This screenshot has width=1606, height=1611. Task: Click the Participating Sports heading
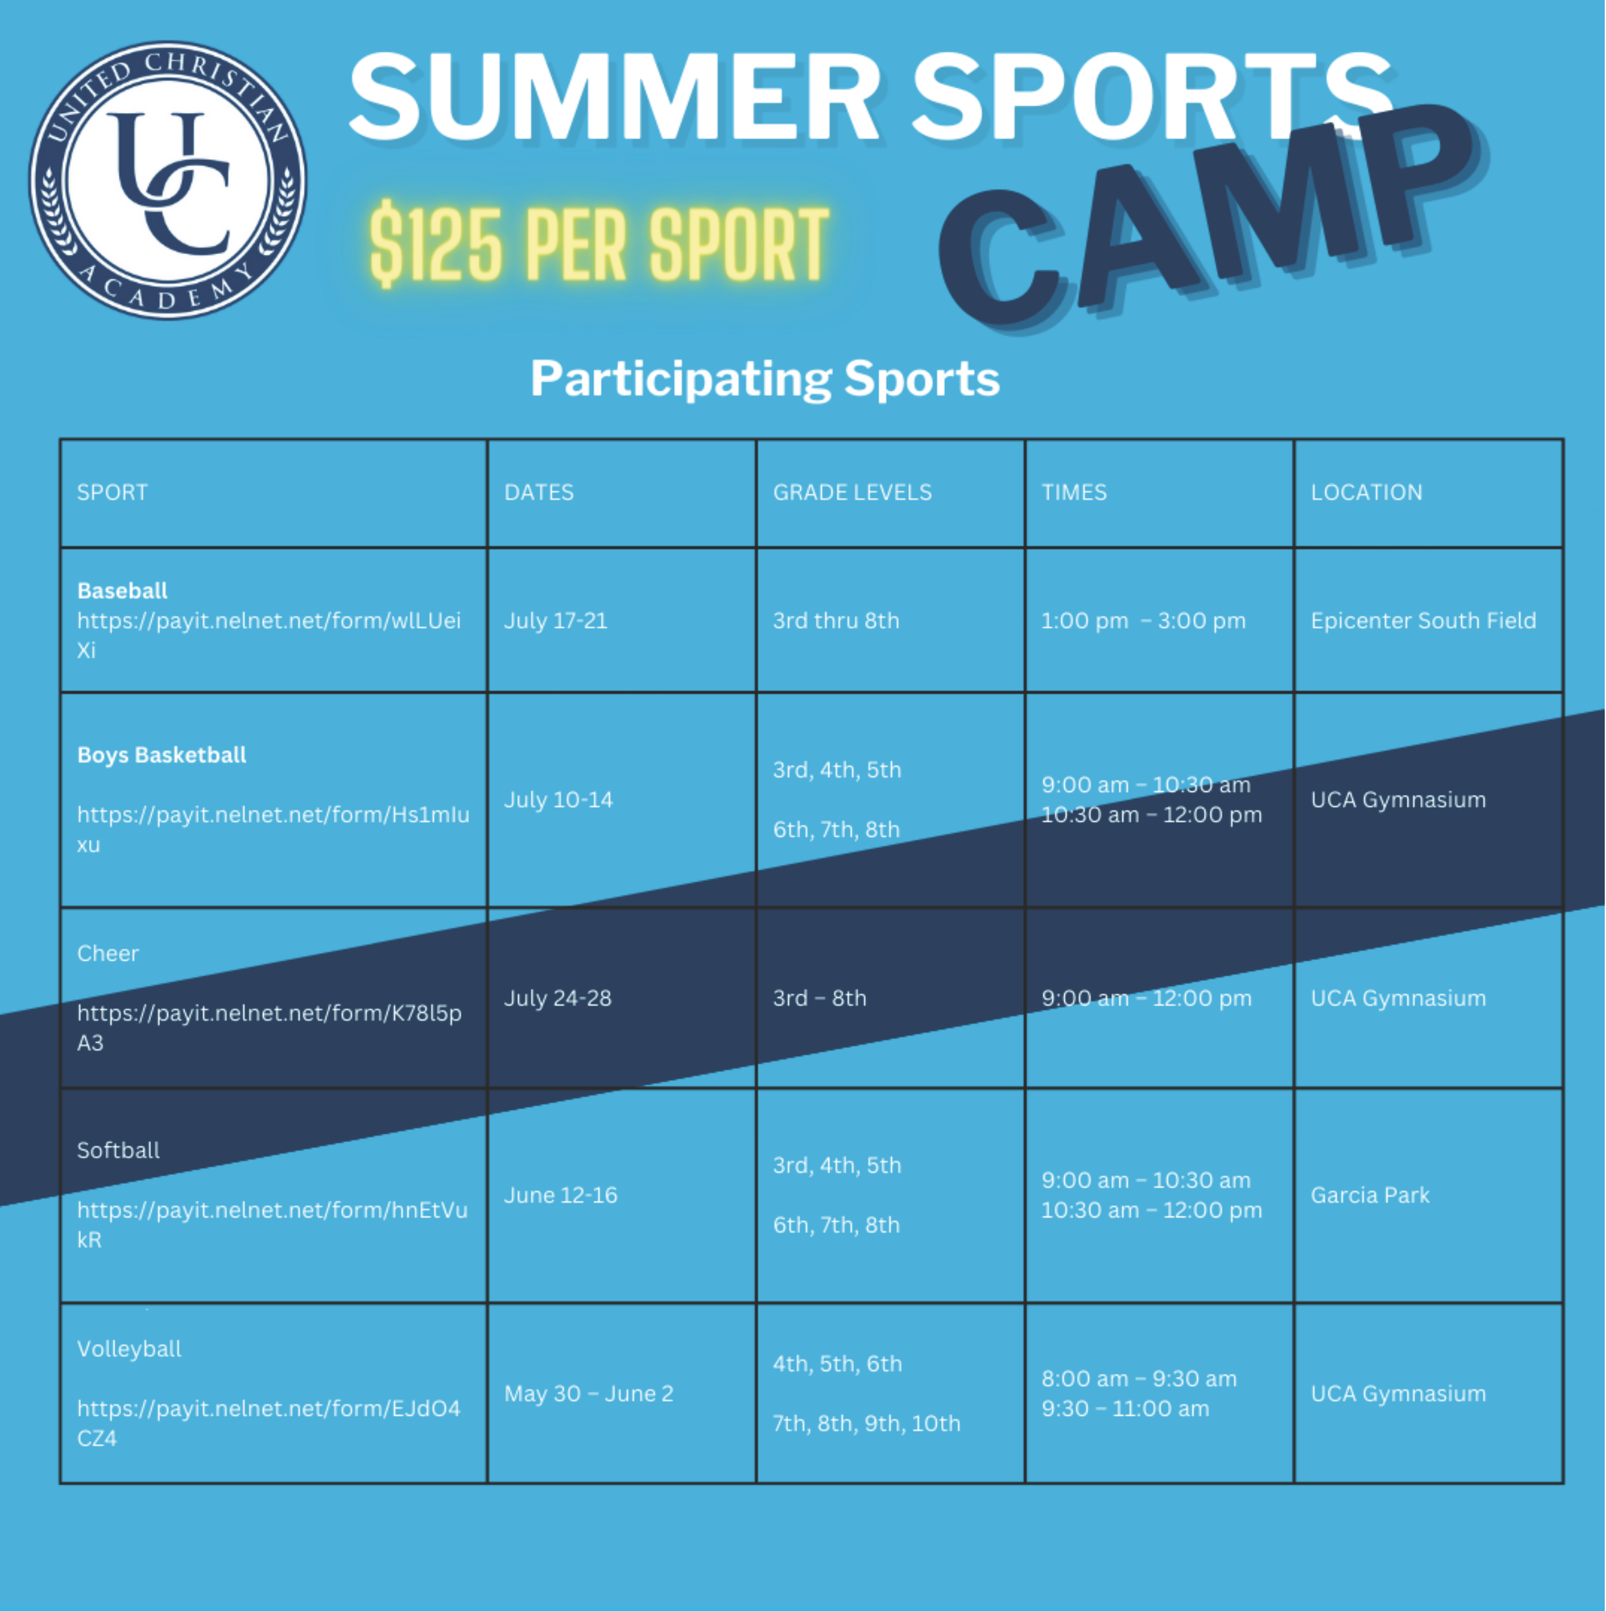(x=765, y=379)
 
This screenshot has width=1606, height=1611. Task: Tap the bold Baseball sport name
(x=123, y=591)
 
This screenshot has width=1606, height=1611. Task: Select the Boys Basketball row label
(x=162, y=755)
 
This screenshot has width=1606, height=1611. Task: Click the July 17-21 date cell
(x=556, y=621)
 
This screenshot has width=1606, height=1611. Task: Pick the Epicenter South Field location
(x=1423, y=621)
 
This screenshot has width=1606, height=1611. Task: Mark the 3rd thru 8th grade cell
(x=836, y=621)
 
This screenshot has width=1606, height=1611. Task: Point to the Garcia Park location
(x=1370, y=1196)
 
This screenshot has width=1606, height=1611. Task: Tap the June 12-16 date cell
(x=561, y=1196)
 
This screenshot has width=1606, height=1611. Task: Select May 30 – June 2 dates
(x=588, y=1394)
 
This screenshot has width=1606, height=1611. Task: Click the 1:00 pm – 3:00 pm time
(x=1143, y=621)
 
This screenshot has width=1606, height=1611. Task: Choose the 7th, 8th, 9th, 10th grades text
(x=867, y=1424)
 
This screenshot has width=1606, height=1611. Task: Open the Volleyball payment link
(x=269, y=1424)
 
